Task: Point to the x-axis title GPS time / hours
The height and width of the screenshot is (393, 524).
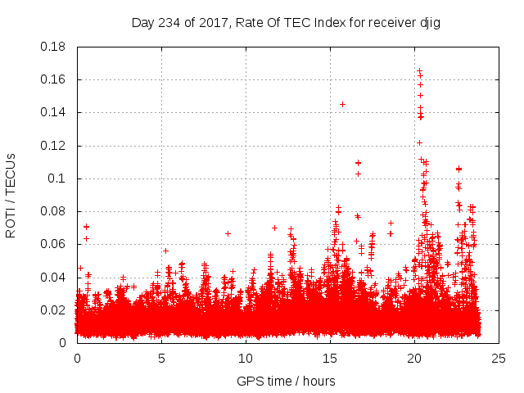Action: tap(286, 381)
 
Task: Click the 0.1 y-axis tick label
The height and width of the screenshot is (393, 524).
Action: tap(59, 178)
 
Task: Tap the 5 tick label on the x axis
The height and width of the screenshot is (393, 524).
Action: tap(161, 359)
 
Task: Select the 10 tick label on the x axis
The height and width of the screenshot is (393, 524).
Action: tap(246, 359)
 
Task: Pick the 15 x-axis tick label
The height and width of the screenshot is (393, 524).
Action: tap(330, 359)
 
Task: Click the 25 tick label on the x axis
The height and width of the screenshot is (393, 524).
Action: tap(499, 359)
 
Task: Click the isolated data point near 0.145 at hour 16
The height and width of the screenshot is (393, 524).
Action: tap(342, 104)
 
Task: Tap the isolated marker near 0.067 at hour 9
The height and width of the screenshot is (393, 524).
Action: tap(228, 233)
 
